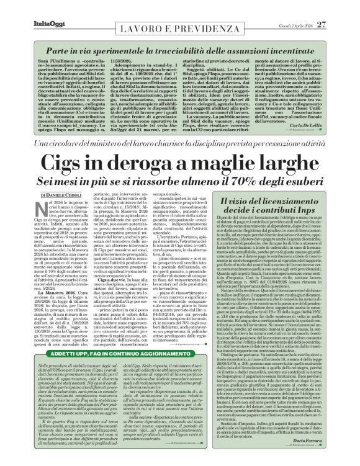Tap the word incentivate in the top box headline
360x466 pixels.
[296, 48]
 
